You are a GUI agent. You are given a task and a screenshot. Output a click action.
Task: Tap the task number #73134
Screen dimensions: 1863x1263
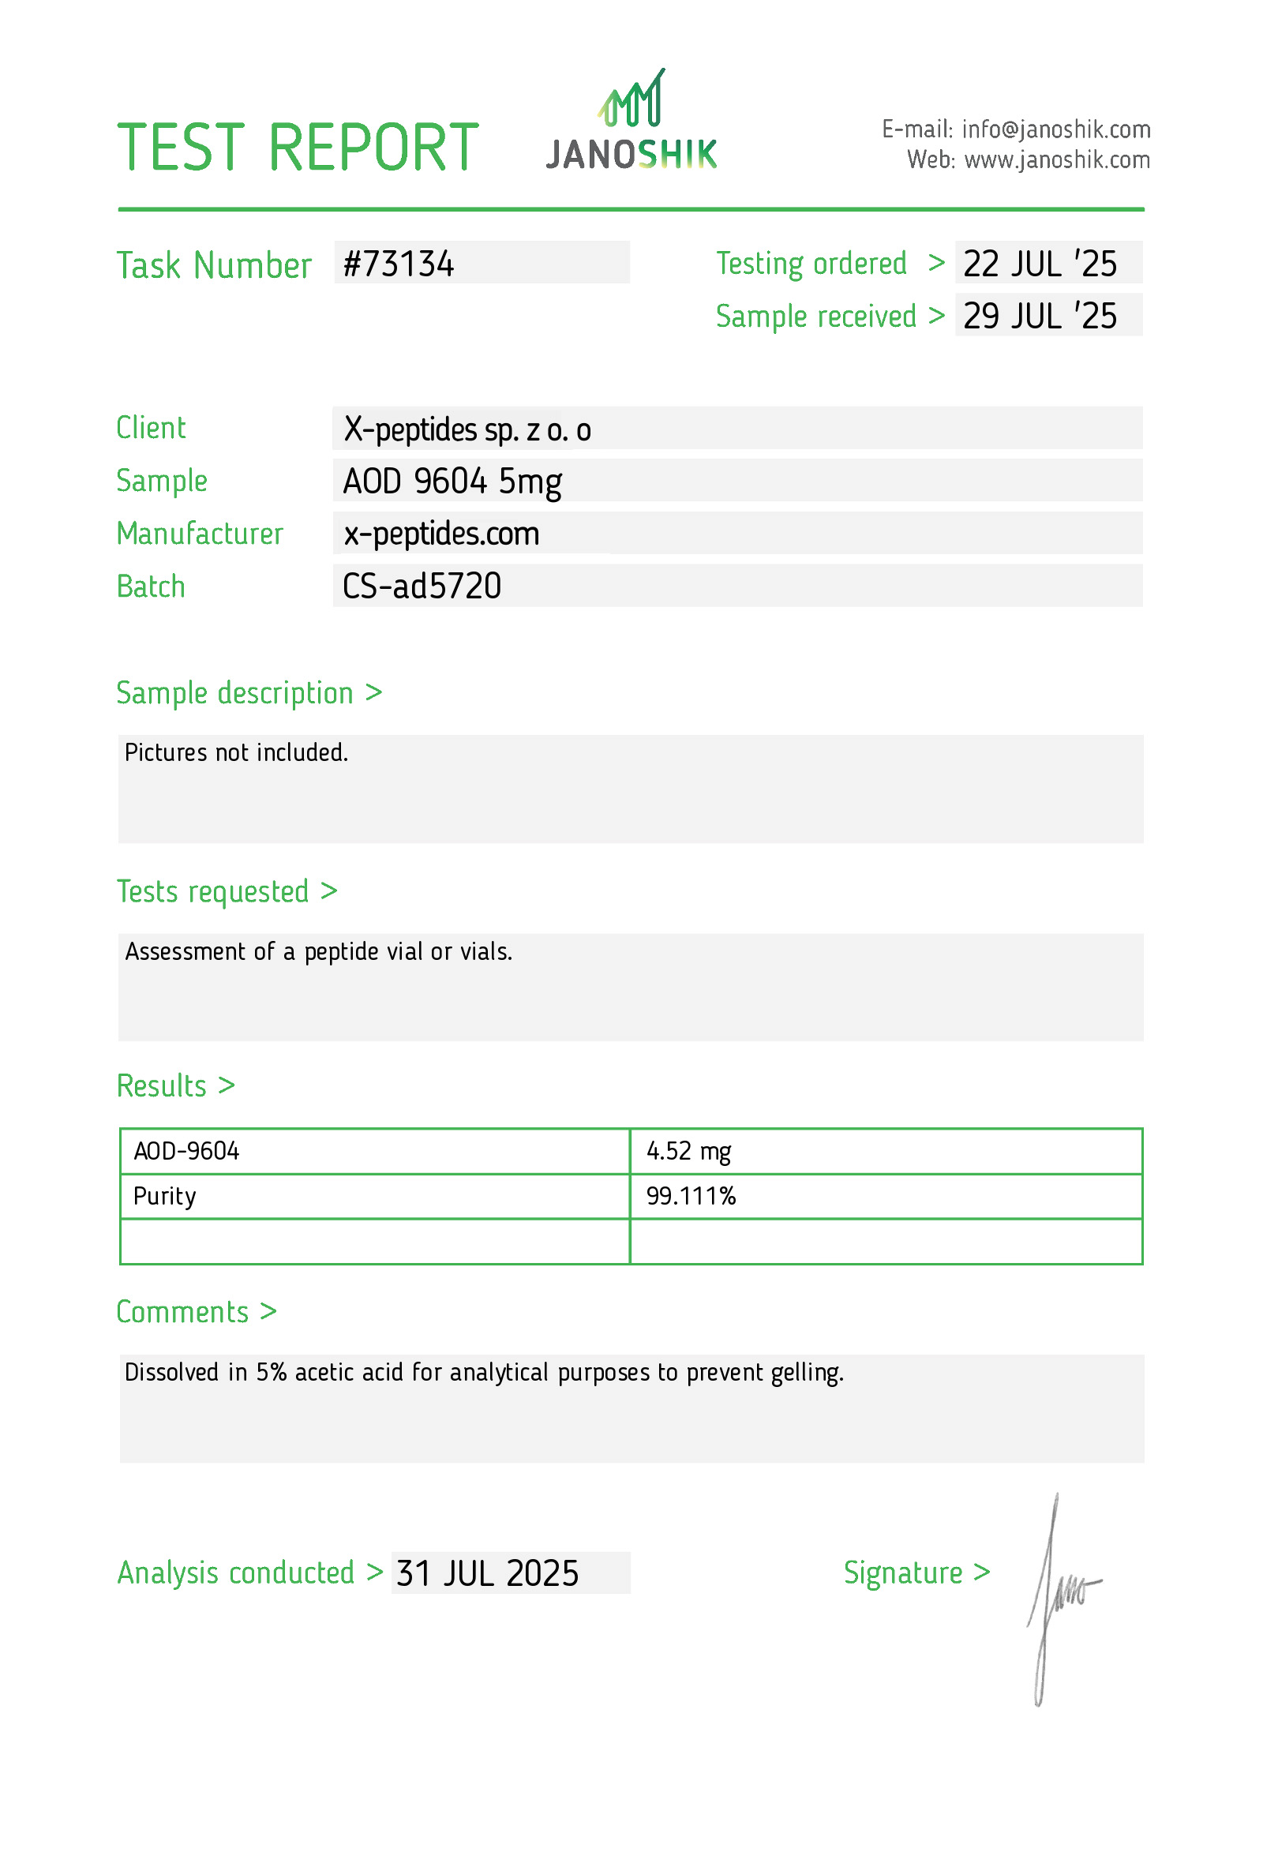pyautogui.click(x=399, y=264)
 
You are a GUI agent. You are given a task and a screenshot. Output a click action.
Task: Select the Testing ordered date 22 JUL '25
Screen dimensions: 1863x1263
pyautogui.click(x=1040, y=264)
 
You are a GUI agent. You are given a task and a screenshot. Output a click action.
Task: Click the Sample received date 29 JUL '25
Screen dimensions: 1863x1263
pyautogui.click(x=1040, y=317)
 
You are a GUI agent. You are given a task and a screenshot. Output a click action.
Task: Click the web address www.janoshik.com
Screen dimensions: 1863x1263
pyautogui.click(x=1056, y=160)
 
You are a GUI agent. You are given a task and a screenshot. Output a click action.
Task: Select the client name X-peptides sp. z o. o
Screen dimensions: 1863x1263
pyautogui.click(x=467, y=429)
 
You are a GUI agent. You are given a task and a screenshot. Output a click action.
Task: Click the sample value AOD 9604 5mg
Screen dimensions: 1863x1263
pyautogui.click(x=452, y=482)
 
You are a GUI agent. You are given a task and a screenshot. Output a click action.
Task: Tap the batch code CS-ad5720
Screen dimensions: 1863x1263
pyautogui.click(x=422, y=587)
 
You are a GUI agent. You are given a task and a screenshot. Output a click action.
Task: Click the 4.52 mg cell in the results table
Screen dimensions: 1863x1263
pyautogui.click(x=688, y=1152)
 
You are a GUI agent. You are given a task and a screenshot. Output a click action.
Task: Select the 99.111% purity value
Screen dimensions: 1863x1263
pyautogui.click(x=691, y=1197)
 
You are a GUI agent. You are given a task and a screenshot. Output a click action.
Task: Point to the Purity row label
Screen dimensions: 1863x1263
pyautogui.click(x=164, y=1197)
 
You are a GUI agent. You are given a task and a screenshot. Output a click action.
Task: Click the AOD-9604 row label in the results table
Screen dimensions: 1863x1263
pyautogui.click(x=186, y=1152)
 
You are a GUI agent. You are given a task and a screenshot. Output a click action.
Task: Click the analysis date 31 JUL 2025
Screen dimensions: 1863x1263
pyautogui.click(x=487, y=1573)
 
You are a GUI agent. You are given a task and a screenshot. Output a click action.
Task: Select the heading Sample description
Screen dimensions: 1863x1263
pyautogui.click(x=234, y=693)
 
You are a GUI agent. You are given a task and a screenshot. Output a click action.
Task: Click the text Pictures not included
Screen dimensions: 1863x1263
pyautogui.click(x=236, y=753)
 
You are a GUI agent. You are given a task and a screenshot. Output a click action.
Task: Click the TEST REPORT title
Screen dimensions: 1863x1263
pyautogui.click(x=298, y=148)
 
